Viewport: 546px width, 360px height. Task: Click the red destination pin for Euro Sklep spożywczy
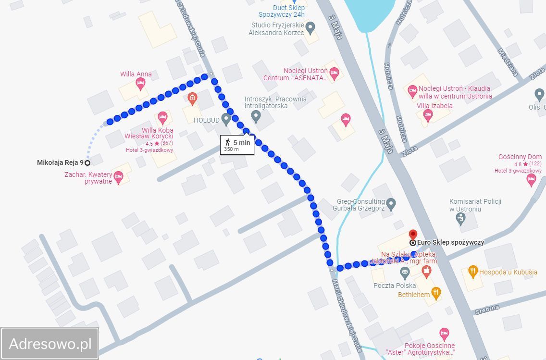[412, 235]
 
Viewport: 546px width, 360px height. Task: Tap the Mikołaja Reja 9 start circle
[87, 162]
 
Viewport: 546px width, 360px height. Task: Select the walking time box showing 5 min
[237, 145]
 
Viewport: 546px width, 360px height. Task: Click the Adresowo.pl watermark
[50, 344]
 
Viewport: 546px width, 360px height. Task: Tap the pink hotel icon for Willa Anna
[140, 85]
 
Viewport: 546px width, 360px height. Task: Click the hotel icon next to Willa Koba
[162, 117]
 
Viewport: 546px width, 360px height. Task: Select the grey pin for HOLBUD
[226, 118]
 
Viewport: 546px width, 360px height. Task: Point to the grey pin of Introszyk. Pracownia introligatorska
[256, 116]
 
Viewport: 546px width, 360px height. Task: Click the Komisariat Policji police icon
[460, 218]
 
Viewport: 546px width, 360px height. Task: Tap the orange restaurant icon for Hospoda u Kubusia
[472, 272]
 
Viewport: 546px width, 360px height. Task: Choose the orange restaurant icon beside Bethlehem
[436, 293]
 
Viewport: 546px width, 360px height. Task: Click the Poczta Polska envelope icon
[405, 273]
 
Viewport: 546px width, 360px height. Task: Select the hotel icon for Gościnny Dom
[531, 180]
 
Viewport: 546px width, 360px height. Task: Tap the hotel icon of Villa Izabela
[427, 115]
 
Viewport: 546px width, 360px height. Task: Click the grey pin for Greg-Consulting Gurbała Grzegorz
[391, 204]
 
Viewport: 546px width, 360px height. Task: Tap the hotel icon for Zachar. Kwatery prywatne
[118, 177]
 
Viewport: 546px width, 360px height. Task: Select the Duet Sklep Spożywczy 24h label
[288, 11]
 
